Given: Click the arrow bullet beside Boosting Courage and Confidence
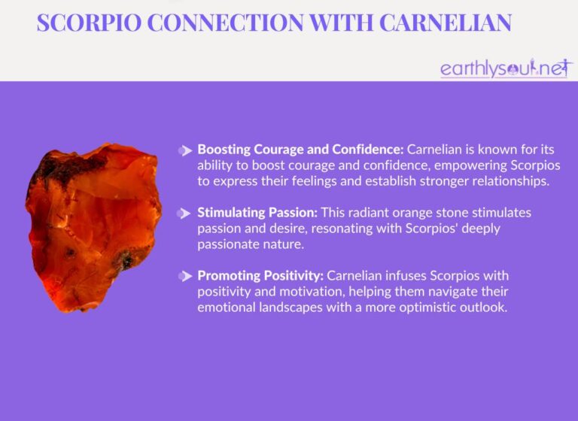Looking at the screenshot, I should tap(184, 150).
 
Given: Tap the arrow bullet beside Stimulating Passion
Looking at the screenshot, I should tap(184, 214).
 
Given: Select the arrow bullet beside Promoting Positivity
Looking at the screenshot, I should tap(184, 277).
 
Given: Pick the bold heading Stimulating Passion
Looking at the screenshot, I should tap(259, 213).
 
